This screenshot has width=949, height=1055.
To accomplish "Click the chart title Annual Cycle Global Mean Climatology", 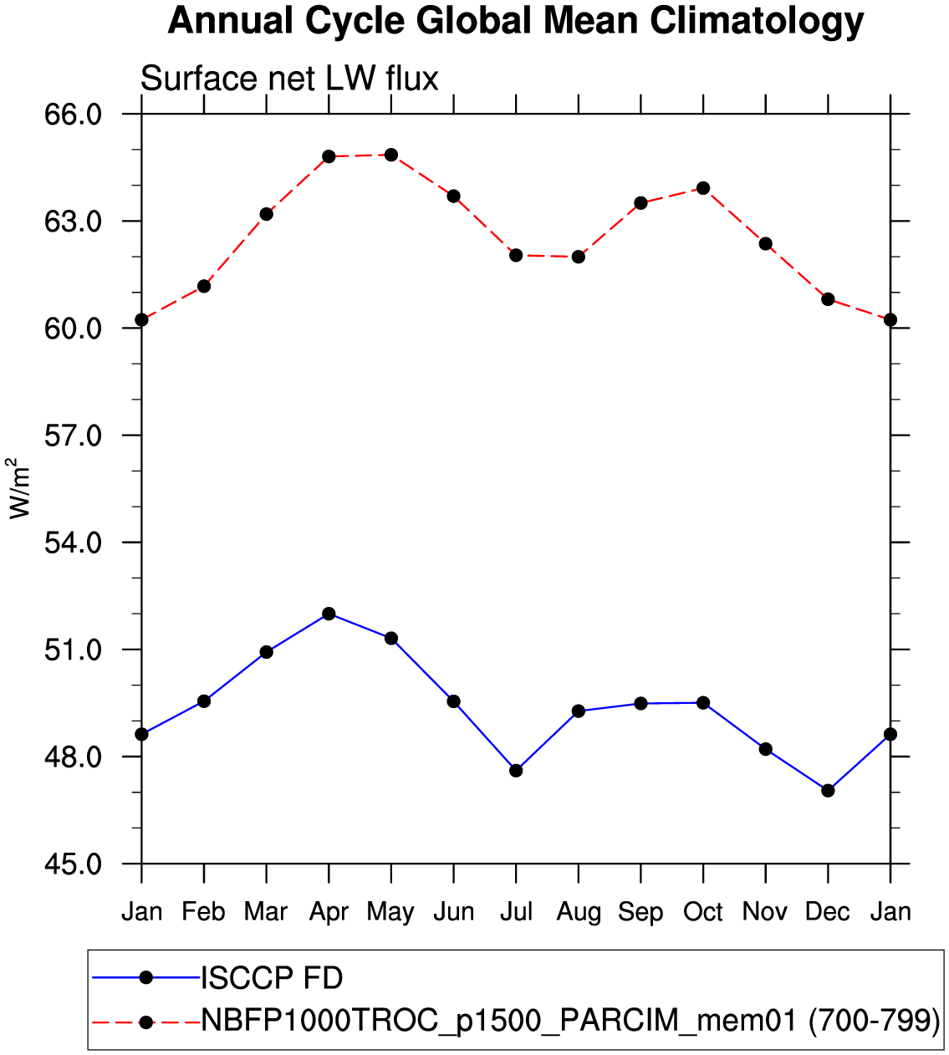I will [516, 21].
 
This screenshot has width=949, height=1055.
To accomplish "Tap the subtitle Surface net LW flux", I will [289, 79].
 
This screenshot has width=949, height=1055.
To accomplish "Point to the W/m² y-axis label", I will [19, 488].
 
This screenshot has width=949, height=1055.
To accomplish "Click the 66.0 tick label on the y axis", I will [73, 114].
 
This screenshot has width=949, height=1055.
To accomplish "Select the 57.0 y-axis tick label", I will [73, 436].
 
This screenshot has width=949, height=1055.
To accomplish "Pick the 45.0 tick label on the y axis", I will [73, 864].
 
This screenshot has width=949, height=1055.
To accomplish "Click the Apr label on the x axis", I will [329, 911].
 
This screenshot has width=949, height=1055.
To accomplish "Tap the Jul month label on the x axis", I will [516, 911].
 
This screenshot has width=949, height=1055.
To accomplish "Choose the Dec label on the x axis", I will [828, 911].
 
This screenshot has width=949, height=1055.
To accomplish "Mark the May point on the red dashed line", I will [391, 155].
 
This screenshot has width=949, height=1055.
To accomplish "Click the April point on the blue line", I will [329, 614].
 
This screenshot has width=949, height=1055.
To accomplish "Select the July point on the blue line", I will [516, 770].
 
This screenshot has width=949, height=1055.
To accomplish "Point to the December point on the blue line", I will [828, 790].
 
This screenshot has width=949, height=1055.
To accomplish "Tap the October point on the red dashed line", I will [703, 188].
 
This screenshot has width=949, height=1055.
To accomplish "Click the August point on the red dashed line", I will [579, 257].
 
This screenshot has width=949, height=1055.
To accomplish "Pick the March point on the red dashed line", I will [266, 214].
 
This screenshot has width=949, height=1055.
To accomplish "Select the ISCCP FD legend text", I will [272, 977].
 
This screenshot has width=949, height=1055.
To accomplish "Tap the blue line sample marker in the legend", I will [145, 977].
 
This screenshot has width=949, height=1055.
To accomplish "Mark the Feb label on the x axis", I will [204, 911].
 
